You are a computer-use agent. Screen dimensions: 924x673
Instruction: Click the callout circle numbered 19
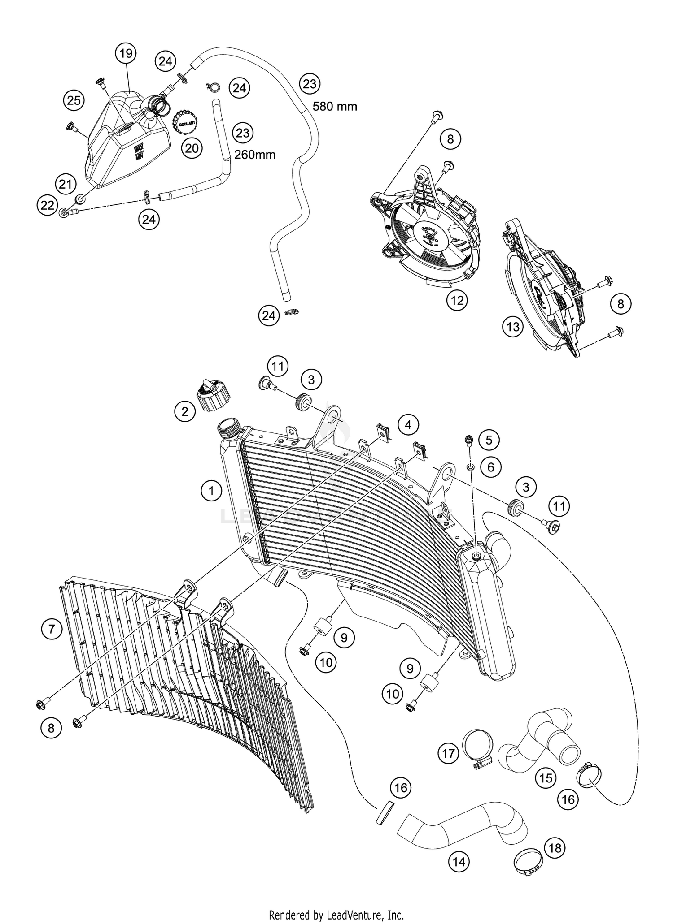point(126,54)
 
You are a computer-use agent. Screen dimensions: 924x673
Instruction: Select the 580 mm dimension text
point(334,107)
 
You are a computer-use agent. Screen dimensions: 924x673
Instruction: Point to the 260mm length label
point(255,155)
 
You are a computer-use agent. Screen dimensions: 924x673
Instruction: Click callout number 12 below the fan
point(457,301)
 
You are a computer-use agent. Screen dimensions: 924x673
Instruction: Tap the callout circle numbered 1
point(211,491)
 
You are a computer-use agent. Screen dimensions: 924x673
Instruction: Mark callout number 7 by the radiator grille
point(52,630)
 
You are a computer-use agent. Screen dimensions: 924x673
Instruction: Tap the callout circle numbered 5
point(489,440)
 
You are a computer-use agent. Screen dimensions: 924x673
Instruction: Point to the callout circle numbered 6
point(491,467)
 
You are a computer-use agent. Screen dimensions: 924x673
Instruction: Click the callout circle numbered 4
point(408,424)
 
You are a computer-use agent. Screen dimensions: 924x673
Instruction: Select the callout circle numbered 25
point(74,100)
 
